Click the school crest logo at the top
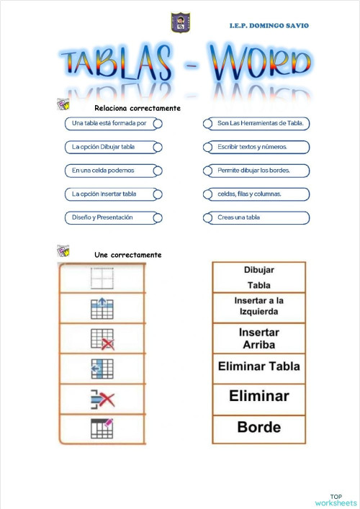[x=179, y=22]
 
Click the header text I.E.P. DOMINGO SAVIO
[x=269, y=26]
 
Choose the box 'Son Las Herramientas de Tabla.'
[x=257, y=123]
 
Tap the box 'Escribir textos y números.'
[x=257, y=147]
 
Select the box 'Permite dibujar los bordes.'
[x=257, y=171]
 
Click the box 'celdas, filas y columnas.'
[x=257, y=194]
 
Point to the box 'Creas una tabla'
[x=257, y=217]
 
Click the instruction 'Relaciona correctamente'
[x=137, y=108]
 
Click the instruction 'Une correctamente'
[x=127, y=255]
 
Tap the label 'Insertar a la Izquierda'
[x=258, y=307]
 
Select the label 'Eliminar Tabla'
[x=258, y=366]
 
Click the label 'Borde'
[x=258, y=427]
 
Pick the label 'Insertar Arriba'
[x=258, y=338]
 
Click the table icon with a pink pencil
[x=102, y=428]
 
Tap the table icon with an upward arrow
[x=102, y=308]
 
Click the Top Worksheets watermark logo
[x=336, y=500]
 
